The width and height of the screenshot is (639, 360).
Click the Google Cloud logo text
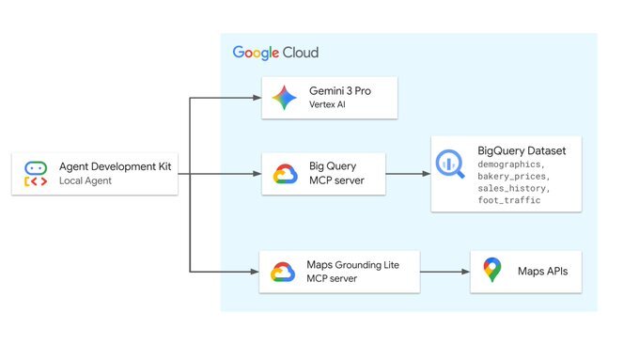tap(275, 53)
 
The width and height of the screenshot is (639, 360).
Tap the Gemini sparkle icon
tap(284, 99)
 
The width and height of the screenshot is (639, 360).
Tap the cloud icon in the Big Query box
tap(285, 175)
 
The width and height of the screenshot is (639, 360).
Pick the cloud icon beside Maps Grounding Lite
tap(284, 273)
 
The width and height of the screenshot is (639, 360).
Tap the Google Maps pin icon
tap(491, 272)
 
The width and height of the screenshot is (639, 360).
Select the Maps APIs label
tap(543, 272)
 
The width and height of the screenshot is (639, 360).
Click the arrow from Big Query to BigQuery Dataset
tap(408, 174)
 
